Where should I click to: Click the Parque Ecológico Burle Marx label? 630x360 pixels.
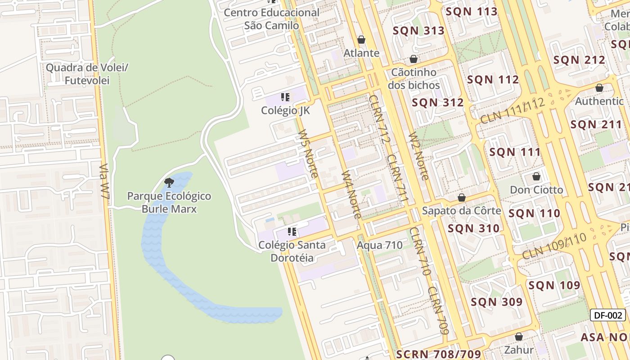[x=169, y=202]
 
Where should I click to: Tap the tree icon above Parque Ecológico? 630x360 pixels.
[x=169, y=182]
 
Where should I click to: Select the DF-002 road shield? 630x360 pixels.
[x=608, y=315]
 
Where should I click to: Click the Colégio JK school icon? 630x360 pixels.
[x=285, y=97]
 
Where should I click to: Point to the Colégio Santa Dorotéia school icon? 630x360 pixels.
[x=292, y=232]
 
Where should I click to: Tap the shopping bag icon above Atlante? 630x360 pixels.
[x=361, y=40]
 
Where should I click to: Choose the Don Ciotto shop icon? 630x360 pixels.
[x=536, y=176]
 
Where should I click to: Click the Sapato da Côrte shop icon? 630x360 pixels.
[x=462, y=198]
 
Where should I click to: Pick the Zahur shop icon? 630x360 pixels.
[x=519, y=337]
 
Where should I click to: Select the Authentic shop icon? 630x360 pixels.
[x=599, y=88]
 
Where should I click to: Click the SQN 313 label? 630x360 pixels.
[x=418, y=31]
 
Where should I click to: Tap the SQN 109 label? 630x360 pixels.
[x=554, y=285]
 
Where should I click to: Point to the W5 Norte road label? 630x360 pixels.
[x=308, y=154]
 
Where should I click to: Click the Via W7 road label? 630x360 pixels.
[x=104, y=181]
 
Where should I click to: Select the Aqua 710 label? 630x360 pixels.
[x=379, y=245]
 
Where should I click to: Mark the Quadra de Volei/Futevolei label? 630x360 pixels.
[x=87, y=74]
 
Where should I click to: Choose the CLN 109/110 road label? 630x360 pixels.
[x=555, y=247]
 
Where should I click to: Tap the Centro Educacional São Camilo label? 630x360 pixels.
[x=271, y=19]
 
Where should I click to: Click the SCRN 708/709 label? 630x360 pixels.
[x=438, y=354]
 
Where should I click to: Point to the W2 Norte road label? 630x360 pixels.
[x=418, y=156]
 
